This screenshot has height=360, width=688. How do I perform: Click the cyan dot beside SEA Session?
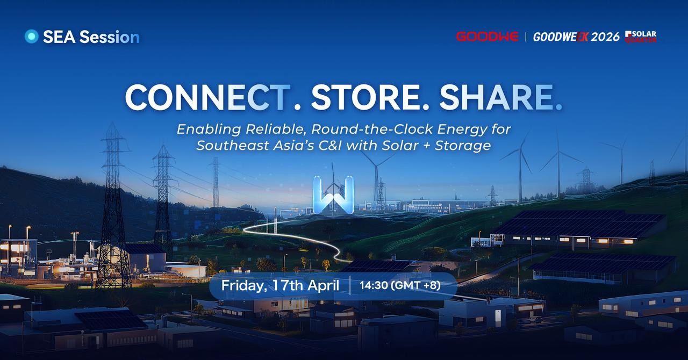coord(31,36)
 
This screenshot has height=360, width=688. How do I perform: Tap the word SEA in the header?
coord(59,37)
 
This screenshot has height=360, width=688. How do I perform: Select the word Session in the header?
coord(110,37)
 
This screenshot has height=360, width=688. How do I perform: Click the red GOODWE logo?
coord(487,37)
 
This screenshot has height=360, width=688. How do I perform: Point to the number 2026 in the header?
coord(605,37)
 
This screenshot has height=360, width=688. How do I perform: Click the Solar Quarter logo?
coord(641,37)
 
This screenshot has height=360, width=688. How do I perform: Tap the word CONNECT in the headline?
coord(207,97)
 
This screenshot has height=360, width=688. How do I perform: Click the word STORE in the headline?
coord(365,97)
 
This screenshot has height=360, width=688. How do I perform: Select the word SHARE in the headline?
coord(496,97)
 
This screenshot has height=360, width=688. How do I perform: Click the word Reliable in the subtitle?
coord(276,129)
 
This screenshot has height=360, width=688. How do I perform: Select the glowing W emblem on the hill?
coord(333,196)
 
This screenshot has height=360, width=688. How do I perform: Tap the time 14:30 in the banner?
coord(374,285)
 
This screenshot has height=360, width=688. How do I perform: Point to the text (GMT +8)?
coord(416,285)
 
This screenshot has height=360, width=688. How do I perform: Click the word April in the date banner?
coord(324,286)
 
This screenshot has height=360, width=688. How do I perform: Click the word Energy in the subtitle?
coord(462,129)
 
